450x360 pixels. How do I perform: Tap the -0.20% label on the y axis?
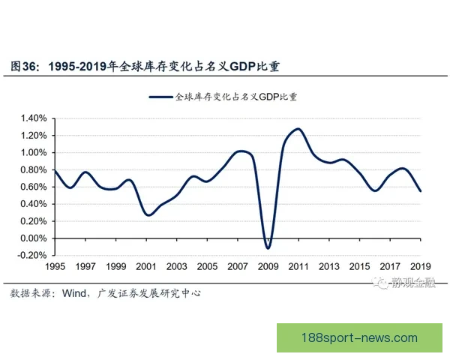(x=31, y=256)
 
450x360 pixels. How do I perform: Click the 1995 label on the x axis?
(x=55, y=267)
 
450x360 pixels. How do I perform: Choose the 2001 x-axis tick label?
(x=146, y=267)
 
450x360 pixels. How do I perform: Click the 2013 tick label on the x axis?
(x=329, y=267)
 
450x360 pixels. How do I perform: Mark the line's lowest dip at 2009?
(x=268, y=247)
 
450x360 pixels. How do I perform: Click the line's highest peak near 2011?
(x=298, y=129)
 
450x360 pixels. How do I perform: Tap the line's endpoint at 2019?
(x=421, y=191)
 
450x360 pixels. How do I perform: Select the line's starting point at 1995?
(x=55, y=170)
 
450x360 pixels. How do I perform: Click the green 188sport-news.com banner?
(x=362, y=337)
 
